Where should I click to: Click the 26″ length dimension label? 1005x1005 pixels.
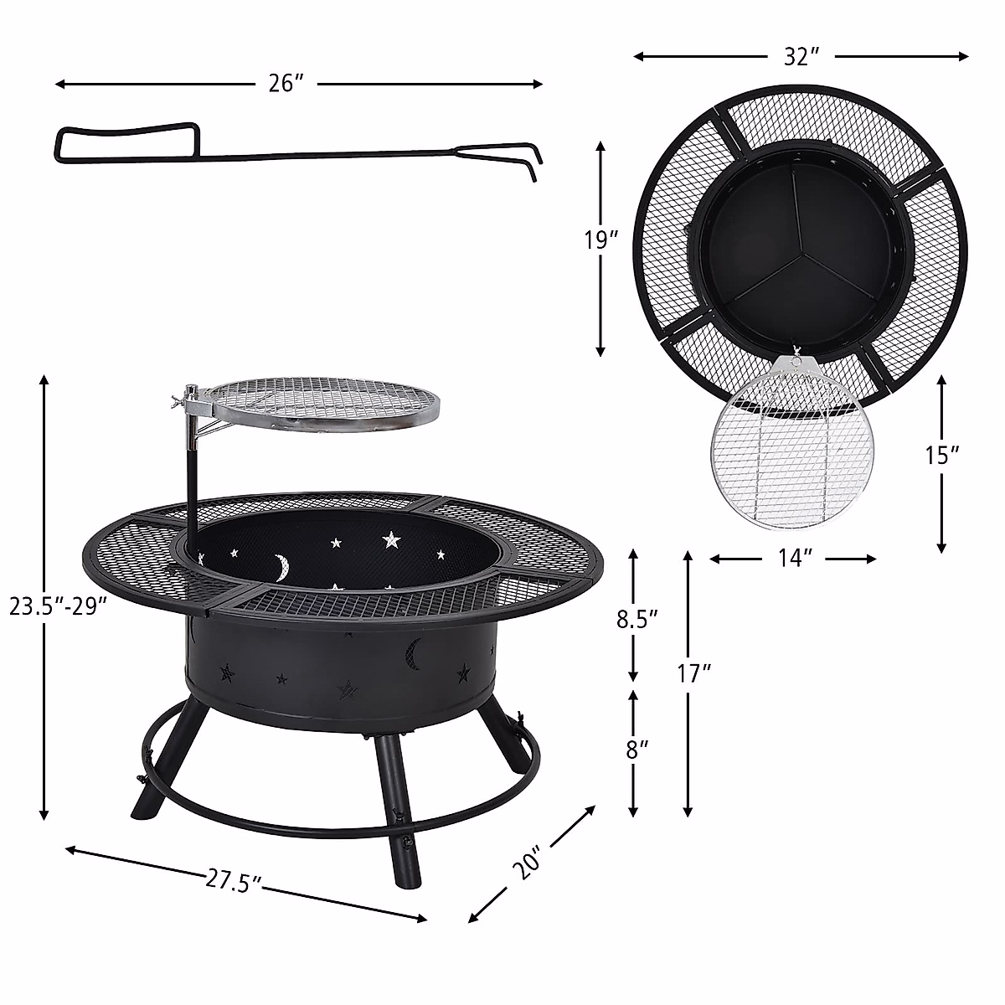(286, 84)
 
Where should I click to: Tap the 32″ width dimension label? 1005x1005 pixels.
(801, 57)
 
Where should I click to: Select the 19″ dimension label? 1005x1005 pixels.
(601, 241)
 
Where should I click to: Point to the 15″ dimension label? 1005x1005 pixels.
(942, 455)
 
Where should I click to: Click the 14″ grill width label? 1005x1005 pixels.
(792, 559)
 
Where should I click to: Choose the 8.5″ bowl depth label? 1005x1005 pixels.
(634, 619)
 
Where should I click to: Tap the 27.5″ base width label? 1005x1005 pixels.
(234, 881)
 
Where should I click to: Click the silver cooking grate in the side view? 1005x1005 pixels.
(323, 403)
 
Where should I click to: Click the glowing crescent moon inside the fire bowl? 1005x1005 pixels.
(279, 566)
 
